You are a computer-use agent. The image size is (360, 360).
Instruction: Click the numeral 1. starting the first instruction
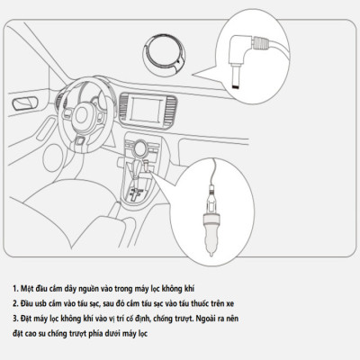15,288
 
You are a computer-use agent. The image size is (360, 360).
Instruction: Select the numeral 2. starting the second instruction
15,304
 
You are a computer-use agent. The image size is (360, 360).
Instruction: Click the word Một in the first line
29,288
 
